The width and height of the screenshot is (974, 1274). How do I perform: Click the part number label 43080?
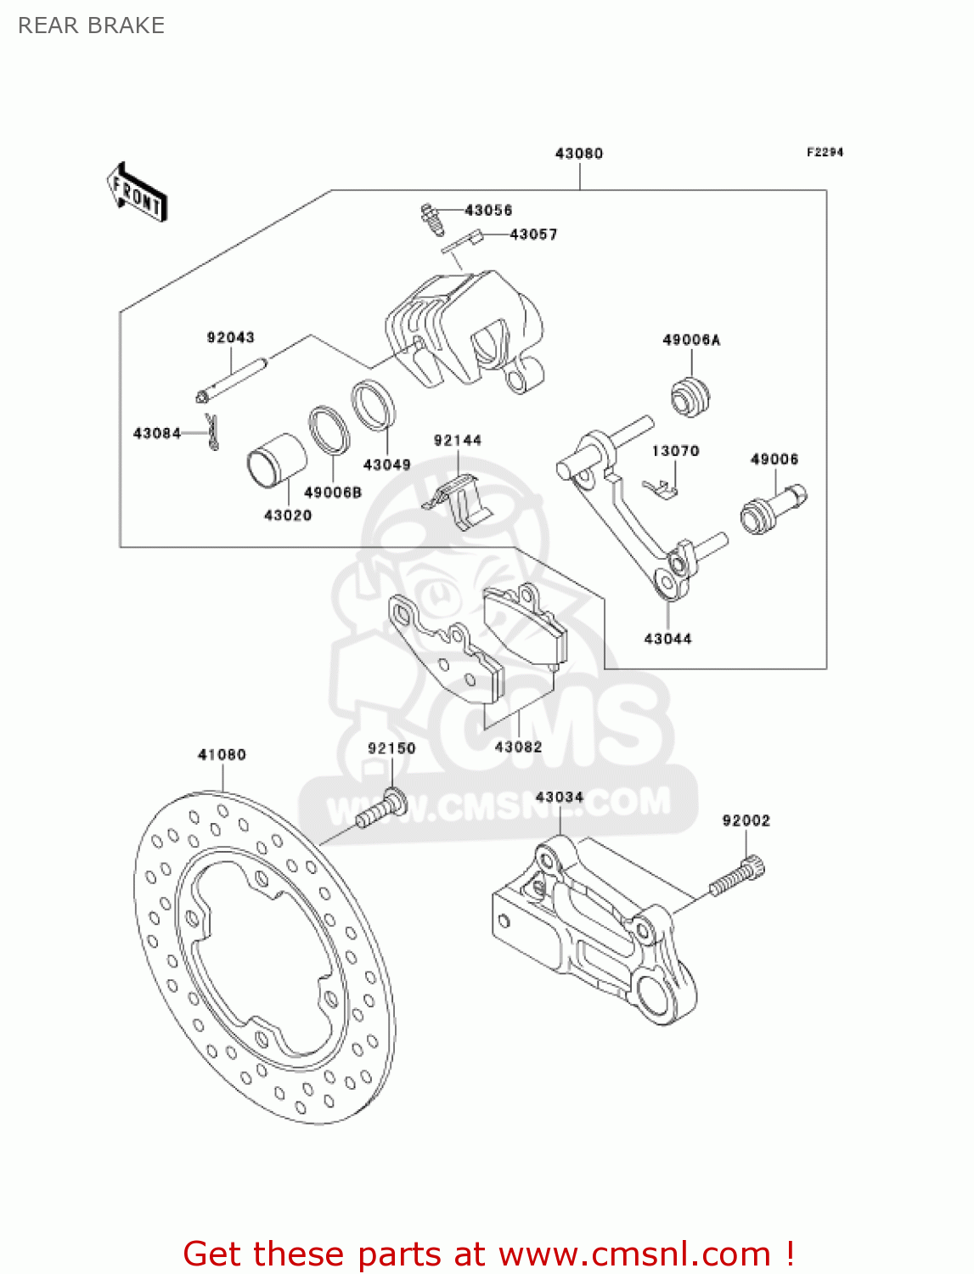click(578, 154)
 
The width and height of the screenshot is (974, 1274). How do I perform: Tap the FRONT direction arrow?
click(137, 193)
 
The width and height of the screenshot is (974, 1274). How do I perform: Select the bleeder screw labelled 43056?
click(432, 219)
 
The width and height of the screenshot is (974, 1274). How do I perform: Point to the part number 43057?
click(533, 234)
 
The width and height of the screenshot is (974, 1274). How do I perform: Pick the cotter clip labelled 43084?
click(213, 431)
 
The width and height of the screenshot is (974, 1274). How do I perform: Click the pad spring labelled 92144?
click(459, 502)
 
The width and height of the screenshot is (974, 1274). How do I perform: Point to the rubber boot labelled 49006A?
click(690, 397)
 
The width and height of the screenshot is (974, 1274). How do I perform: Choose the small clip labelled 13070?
click(661, 488)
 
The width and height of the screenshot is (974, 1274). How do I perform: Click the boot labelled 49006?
click(772, 509)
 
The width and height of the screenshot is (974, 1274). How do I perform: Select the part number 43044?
click(667, 639)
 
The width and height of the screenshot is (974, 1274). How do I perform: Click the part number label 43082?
click(518, 747)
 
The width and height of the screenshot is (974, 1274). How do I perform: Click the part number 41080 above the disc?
click(222, 754)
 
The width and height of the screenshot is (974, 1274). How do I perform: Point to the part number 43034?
click(560, 797)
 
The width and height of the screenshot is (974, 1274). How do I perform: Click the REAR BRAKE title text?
click(91, 25)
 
